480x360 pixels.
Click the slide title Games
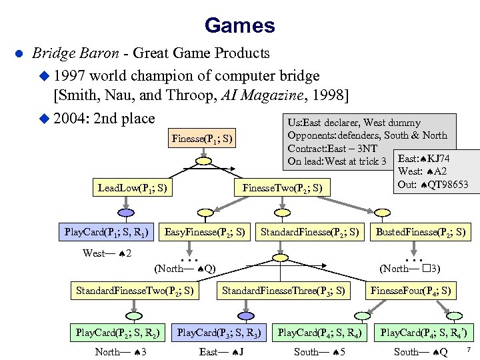coord(240,25)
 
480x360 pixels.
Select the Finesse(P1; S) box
coord(202,139)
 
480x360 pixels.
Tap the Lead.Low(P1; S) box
coord(131,189)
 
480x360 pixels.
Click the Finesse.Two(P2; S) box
coord(283,189)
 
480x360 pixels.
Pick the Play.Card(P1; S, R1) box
coord(106,233)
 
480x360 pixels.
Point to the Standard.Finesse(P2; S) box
coord(310,233)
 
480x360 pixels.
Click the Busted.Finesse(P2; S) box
coord(421,233)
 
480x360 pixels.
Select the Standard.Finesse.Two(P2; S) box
coord(135,290)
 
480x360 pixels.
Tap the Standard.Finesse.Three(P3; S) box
coord(283,290)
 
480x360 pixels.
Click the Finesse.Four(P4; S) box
coord(411,290)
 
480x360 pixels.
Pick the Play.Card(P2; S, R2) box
coord(117,331)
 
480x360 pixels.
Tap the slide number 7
coord(469,350)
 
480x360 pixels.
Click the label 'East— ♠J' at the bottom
coord(221,351)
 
